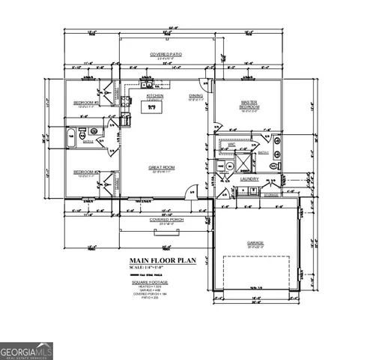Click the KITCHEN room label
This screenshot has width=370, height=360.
(x=155, y=96)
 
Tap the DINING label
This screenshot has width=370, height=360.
(x=195, y=96)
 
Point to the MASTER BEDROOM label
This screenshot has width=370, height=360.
(x=249, y=104)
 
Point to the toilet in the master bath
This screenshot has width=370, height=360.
(x=276, y=163)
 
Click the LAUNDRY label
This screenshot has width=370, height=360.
(x=249, y=180)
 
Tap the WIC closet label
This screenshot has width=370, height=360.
(x=231, y=144)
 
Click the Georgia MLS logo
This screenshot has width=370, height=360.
(x=27, y=350)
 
